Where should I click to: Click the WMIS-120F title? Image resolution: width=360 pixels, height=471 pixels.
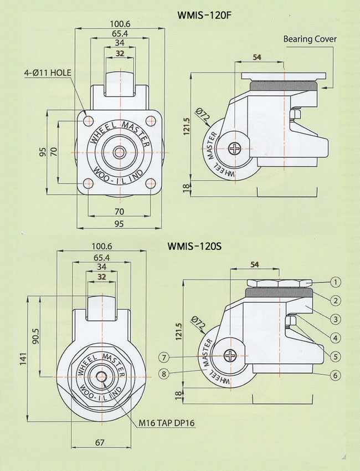click(204, 15)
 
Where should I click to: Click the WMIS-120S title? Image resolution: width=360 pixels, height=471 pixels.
click(194, 247)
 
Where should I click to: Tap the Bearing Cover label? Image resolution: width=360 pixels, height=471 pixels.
click(310, 39)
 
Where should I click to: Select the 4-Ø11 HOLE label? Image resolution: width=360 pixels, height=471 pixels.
click(48, 73)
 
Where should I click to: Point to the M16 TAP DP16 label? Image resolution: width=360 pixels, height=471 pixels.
click(166, 423)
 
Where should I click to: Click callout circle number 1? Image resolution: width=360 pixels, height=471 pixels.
click(336, 282)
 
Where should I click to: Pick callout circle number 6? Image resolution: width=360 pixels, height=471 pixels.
click(336, 375)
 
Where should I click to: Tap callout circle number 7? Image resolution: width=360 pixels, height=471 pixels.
click(164, 357)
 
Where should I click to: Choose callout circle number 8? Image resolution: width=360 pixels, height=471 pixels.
click(164, 374)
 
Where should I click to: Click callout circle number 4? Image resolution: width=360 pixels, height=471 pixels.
click(336, 338)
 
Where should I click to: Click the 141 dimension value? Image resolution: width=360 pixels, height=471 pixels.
click(23, 359)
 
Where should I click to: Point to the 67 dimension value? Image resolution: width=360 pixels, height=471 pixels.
click(100, 443)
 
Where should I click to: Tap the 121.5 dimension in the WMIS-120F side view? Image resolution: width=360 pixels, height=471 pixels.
click(187, 126)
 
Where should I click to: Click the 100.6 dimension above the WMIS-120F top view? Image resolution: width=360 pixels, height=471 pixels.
click(120, 24)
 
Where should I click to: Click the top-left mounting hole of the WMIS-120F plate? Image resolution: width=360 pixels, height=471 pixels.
click(88, 121)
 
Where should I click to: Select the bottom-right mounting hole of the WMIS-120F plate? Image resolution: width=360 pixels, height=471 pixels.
click(151, 183)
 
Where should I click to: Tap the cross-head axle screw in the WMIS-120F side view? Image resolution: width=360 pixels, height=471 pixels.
click(234, 149)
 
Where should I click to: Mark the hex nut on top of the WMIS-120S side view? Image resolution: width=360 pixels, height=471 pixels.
click(280, 283)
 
